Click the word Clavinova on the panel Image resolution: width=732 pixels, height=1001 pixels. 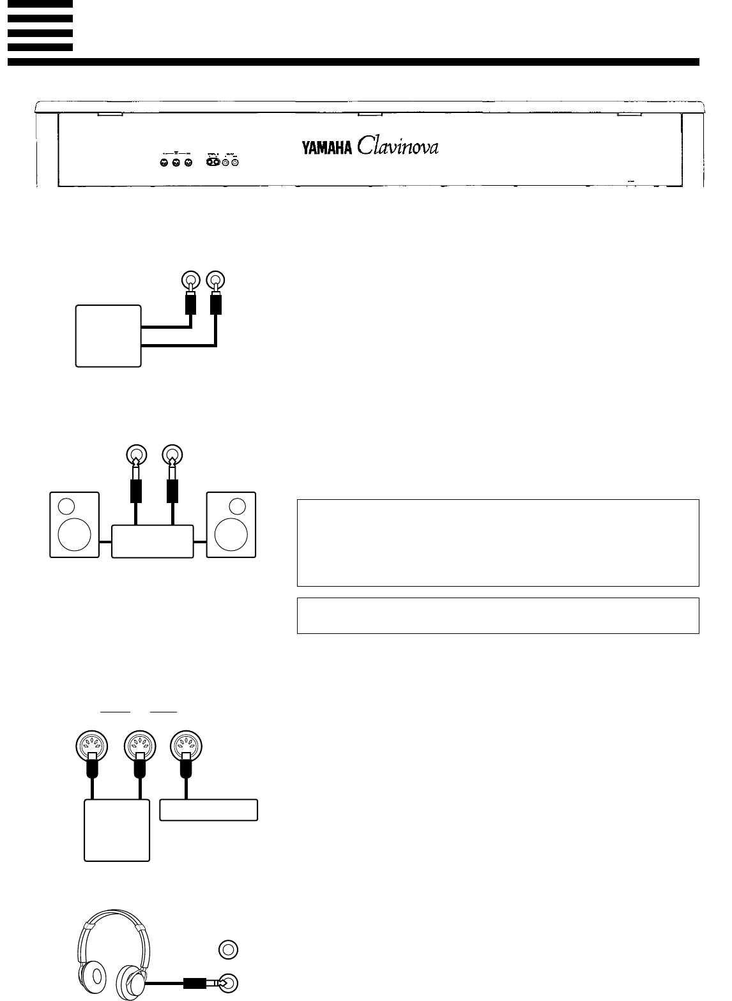coord(398,147)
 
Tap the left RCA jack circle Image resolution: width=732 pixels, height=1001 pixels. coord(189,280)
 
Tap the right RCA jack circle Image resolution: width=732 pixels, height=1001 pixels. coord(217,280)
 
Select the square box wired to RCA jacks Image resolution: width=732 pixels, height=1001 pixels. coord(108,336)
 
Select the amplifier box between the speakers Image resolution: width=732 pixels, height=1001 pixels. coord(153,541)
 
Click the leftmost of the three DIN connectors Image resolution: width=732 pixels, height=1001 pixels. coord(93,744)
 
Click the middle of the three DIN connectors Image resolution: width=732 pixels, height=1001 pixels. coord(139,744)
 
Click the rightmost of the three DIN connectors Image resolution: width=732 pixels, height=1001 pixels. coord(186,744)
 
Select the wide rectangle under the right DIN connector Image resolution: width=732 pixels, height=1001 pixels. coord(208,810)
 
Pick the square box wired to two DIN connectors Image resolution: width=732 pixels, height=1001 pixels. coord(118,830)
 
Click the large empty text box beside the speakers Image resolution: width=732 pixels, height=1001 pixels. coord(498,543)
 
